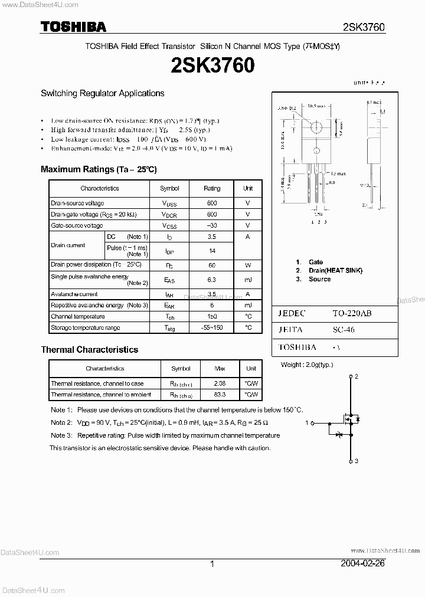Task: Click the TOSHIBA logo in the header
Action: pos(73,27)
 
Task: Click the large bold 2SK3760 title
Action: pos(212,65)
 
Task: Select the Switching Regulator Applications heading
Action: pos(102,93)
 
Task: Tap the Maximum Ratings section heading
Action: pos(99,169)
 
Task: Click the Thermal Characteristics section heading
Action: pos(89,350)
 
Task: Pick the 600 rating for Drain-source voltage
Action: pos(212,204)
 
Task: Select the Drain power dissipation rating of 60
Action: pos(212,265)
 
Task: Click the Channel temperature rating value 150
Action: pos(212,317)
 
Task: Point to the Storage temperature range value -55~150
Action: pos(212,327)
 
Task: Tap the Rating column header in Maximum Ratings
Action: pos(212,188)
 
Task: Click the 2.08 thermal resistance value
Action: pos(220,384)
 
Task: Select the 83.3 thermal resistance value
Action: pos(220,395)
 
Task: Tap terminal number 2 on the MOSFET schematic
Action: pos(357,376)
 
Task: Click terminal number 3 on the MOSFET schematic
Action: pos(357,461)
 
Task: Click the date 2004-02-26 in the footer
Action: pos(362,563)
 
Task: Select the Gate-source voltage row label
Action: pos(77,226)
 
